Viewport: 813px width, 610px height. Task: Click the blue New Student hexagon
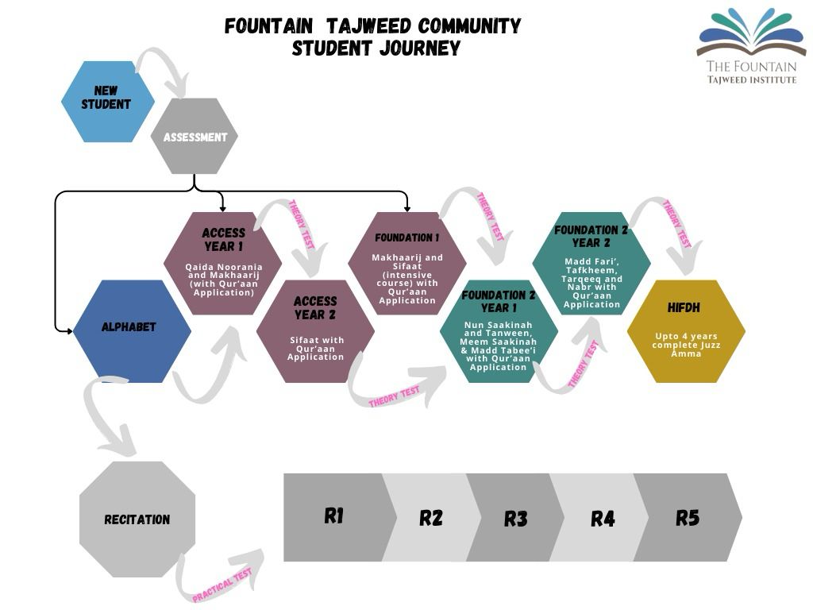(x=107, y=102)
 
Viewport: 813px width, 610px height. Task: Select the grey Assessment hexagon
(x=195, y=137)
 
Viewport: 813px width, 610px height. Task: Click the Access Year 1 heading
(x=224, y=238)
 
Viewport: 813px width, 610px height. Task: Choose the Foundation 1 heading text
(x=406, y=237)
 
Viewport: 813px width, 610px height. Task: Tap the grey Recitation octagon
(x=137, y=519)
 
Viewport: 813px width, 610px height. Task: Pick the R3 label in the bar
(x=516, y=519)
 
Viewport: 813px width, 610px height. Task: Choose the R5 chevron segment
(x=688, y=517)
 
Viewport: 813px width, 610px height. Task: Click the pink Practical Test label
(x=222, y=585)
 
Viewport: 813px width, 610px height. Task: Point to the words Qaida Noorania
(x=222, y=267)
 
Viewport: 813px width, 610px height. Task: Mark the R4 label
(x=603, y=519)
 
